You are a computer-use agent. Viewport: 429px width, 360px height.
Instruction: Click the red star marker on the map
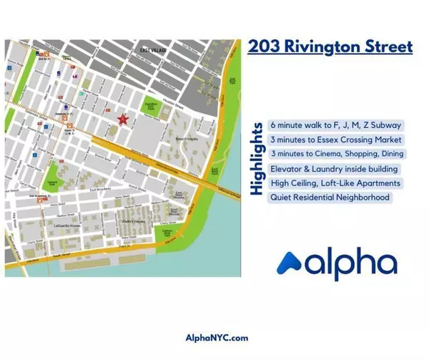pyautogui.click(x=123, y=119)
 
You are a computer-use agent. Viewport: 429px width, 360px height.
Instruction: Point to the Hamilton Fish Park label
pyautogui.click(x=151, y=104)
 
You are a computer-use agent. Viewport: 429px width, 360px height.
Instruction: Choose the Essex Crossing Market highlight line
pyautogui.click(x=336, y=140)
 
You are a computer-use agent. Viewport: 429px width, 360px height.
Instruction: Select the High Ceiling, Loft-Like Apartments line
pyautogui.click(x=334, y=183)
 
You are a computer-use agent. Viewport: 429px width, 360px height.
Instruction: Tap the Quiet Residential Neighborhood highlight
pyautogui.click(x=330, y=198)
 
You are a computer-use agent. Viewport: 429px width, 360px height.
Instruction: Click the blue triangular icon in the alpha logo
pyautogui.click(x=290, y=263)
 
